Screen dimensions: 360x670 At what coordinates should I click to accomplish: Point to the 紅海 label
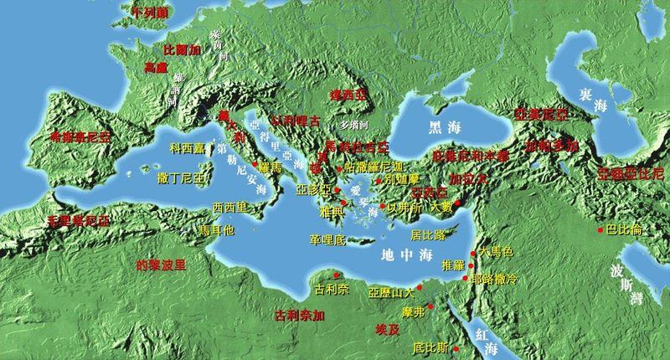point(486,335)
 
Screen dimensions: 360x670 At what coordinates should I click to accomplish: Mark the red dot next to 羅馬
point(255,164)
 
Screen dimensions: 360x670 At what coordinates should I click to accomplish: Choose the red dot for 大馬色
point(473,253)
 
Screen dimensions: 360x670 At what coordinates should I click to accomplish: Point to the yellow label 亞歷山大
point(391,293)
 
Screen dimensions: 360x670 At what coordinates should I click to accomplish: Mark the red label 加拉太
point(466,178)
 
